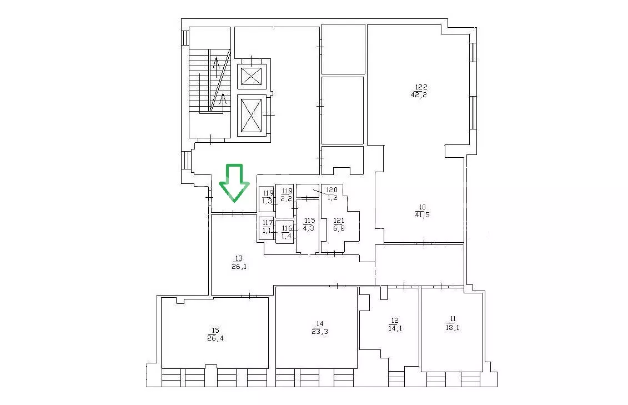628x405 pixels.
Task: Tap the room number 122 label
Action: point(421,87)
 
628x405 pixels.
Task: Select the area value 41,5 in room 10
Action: point(422,214)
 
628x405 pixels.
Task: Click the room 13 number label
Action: point(239,258)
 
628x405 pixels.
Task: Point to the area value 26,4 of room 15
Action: point(215,338)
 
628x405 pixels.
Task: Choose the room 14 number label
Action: point(320,324)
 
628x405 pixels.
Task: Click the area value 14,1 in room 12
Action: point(395,328)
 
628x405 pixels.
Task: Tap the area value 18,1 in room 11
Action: point(453,327)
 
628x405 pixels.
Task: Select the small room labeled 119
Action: point(267,199)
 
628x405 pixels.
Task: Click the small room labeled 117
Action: point(267,228)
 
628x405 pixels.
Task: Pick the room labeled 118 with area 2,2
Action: point(285,201)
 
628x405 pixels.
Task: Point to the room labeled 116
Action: point(285,232)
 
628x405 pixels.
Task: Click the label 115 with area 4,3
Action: point(309,224)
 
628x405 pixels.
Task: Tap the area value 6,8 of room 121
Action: point(339,228)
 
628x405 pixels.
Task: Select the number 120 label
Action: point(331,190)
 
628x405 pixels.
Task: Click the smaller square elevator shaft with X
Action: point(252,76)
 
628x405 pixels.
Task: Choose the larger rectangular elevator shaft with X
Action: point(252,116)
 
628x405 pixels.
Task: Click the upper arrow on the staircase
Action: point(217,67)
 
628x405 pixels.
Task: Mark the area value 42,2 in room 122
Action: point(419,94)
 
